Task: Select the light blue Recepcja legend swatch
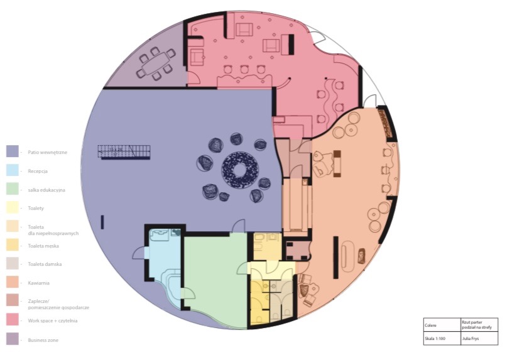[x=12, y=170]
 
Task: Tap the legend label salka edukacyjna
[x=46, y=189]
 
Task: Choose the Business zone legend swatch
[x=12, y=339]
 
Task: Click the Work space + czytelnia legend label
[x=52, y=321]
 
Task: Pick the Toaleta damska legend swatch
[x=12, y=264]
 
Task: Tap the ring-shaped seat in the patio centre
[x=239, y=168]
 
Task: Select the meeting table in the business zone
[x=155, y=63]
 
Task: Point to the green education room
[x=214, y=276]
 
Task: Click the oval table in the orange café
[x=349, y=256]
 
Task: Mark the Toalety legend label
[x=36, y=208]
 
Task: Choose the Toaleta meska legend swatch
[x=12, y=245]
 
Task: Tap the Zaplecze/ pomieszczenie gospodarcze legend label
[x=58, y=305]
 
